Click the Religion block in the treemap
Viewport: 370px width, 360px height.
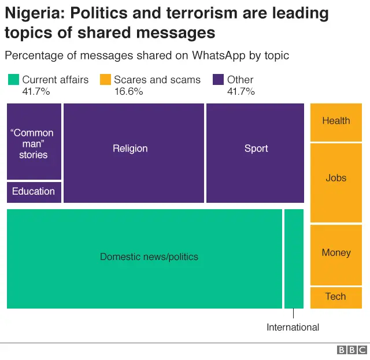[x=134, y=153]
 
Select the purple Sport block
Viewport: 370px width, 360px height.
[x=255, y=153]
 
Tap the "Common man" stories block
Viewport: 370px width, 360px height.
[x=34, y=142]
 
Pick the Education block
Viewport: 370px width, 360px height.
[x=34, y=192]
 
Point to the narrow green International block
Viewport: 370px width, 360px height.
[x=294, y=258]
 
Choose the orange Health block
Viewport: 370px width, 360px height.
[x=336, y=121]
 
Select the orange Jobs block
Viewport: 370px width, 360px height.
[x=336, y=182]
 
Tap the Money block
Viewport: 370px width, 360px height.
[x=336, y=254]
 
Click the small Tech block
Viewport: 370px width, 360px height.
[x=336, y=297]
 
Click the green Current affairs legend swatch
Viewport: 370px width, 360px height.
[x=13, y=80]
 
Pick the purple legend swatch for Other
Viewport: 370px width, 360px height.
[x=219, y=80]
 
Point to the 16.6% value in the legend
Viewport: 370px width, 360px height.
[x=128, y=91]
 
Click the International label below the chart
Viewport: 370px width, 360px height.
[x=293, y=327]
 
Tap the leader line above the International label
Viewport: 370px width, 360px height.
[x=294, y=313]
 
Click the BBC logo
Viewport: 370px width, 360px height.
[x=351, y=350]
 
